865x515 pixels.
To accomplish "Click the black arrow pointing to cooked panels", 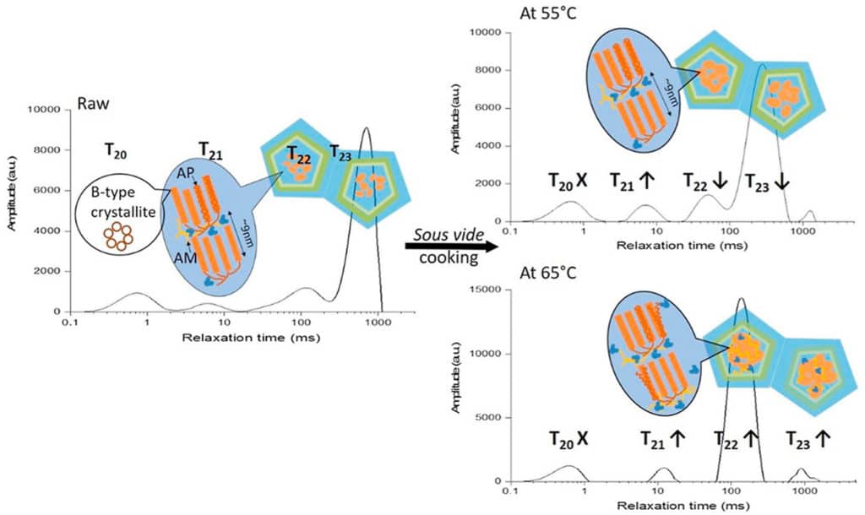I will click(x=447, y=246).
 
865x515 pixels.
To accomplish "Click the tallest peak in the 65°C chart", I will click(x=741, y=299).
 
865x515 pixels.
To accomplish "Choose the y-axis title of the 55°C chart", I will click(x=456, y=127).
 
